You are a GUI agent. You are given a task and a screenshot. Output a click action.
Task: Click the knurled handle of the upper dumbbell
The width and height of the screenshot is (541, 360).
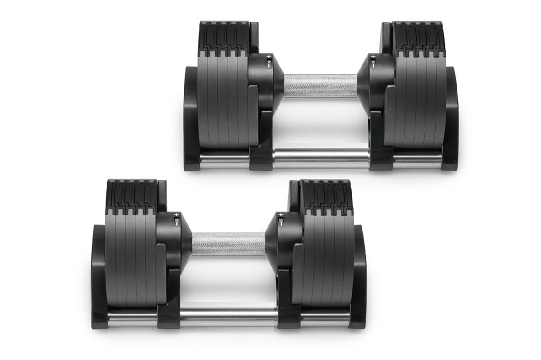(x=320, y=85)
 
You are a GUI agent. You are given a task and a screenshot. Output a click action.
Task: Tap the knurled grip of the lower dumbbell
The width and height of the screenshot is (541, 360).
(x=228, y=243)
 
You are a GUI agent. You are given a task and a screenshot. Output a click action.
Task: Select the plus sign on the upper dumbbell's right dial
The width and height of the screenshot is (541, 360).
(x=373, y=58)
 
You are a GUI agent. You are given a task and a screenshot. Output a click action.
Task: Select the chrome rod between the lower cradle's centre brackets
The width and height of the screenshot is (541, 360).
(x=228, y=315)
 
